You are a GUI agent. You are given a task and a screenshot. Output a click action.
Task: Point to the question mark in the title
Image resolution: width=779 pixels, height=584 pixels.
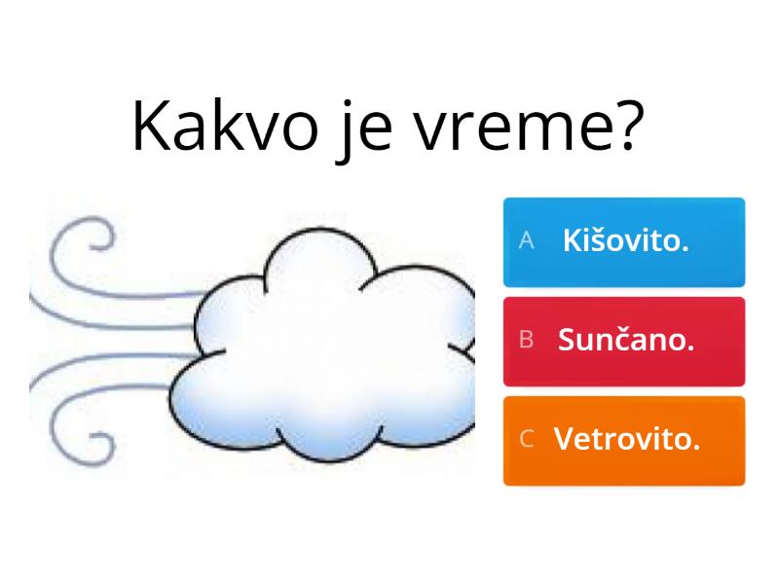[628, 125]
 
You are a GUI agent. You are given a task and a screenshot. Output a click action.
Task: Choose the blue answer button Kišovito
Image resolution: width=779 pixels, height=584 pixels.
[624, 242]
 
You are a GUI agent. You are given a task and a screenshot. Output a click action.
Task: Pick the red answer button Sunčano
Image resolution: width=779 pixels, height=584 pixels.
[624, 341]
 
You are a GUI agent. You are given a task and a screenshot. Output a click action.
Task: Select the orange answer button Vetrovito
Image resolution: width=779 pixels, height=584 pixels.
[624, 440]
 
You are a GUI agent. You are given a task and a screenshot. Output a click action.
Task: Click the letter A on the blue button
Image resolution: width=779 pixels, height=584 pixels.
[527, 241]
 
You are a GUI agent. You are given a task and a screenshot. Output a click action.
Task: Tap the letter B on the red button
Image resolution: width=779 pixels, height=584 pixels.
[527, 340]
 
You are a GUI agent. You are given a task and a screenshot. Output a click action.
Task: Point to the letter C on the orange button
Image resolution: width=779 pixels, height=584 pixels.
[527, 439]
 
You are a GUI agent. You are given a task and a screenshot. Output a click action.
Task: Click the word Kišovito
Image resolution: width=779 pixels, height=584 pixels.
[626, 241]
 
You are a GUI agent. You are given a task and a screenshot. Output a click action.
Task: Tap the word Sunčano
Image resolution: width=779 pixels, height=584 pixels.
[626, 340]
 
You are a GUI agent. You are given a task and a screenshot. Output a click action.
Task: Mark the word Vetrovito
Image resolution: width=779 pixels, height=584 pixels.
[627, 439]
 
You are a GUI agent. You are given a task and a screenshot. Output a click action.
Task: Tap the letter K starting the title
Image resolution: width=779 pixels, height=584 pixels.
[153, 127]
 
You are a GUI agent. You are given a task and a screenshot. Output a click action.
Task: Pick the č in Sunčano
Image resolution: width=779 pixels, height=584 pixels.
[629, 340]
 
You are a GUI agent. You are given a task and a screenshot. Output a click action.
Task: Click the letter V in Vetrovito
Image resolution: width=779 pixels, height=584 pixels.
[563, 439]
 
